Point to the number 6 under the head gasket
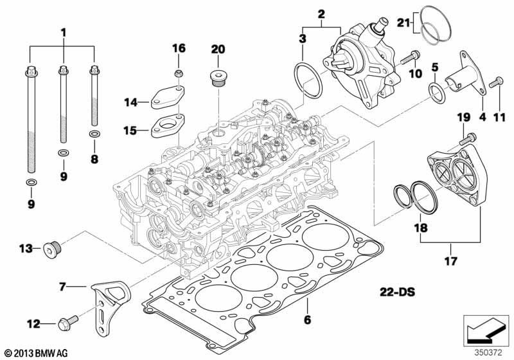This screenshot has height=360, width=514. click(306, 319)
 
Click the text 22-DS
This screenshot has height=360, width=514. click(393, 292)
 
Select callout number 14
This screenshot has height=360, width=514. click(131, 102)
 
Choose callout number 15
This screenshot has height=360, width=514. click(130, 130)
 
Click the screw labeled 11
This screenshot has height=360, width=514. click(494, 84)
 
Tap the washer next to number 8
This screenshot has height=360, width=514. click(94, 134)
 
